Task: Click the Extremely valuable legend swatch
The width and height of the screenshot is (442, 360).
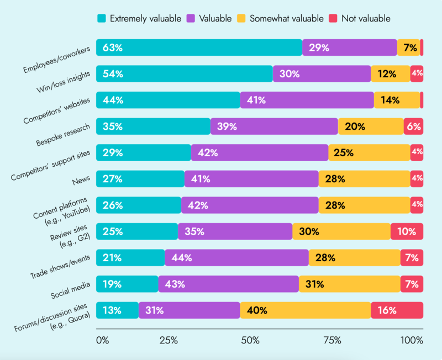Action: [x=102, y=18]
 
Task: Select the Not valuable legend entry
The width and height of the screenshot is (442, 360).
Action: [x=365, y=18]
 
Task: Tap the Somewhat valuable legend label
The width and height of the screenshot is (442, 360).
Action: [x=286, y=18]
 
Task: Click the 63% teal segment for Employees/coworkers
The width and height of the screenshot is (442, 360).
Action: [x=199, y=47]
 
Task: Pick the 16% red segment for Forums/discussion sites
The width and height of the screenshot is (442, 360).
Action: [x=397, y=310]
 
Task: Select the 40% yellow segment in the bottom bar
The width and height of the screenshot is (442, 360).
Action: [x=305, y=310]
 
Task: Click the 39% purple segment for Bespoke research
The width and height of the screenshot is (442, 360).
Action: [x=274, y=126]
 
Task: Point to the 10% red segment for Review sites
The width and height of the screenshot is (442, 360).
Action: [x=407, y=231]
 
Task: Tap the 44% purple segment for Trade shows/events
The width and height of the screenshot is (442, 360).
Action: [x=236, y=258]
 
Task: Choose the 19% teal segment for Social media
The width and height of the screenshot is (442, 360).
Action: [x=127, y=284]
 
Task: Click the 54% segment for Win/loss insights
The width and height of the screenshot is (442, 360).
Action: [x=184, y=74]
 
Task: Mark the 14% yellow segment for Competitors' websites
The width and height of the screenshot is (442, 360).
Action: [x=397, y=100]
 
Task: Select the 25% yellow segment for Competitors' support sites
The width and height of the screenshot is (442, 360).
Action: [x=369, y=152]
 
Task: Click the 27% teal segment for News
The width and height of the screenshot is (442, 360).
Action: [x=140, y=179]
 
